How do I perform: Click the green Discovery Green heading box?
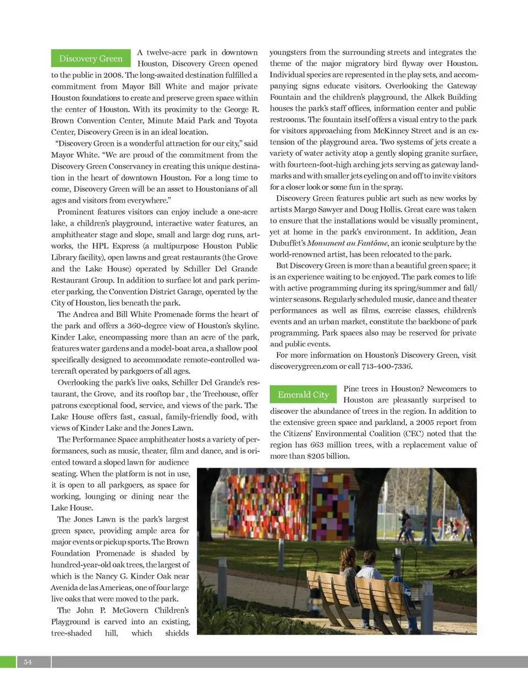tap(91, 58)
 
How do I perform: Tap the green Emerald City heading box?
tap(303, 395)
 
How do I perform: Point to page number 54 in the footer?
tap(28, 662)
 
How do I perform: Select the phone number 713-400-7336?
tap(387, 366)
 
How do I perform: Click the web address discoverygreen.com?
tap(304, 366)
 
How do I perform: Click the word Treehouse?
tap(222, 394)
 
